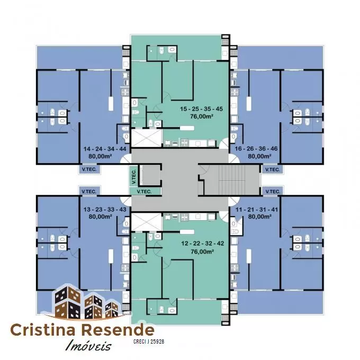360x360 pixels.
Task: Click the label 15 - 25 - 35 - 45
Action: coord(201,109)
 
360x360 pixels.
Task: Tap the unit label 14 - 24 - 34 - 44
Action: coord(105,149)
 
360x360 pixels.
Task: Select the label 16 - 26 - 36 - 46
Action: coord(256,149)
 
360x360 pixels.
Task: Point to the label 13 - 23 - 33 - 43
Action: coord(105,210)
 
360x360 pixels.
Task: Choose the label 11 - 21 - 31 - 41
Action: coord(257,210)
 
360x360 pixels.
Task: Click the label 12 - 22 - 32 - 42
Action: coord(202,244)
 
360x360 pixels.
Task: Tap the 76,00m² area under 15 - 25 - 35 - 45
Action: coord(202,116)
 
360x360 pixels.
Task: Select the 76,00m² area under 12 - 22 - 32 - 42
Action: coord(202,251)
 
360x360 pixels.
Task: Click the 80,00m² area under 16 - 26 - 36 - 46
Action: coord(259,156)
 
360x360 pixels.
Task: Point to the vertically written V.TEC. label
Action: coord(134,176)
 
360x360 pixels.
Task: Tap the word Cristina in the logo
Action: coord(43,330)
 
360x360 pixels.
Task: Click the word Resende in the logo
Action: coord(118,330)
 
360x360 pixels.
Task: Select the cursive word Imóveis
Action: coord(88,345)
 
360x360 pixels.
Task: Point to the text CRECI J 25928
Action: coord(149,341)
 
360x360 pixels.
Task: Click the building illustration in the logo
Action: coord(86,302)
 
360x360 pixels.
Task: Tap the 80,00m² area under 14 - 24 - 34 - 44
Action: coord(100,156)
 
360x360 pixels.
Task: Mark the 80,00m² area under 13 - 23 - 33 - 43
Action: coord(100,217)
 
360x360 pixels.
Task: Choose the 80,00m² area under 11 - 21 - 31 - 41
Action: coord(260,217)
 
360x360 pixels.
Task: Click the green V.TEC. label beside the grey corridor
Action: coord(144,192)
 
